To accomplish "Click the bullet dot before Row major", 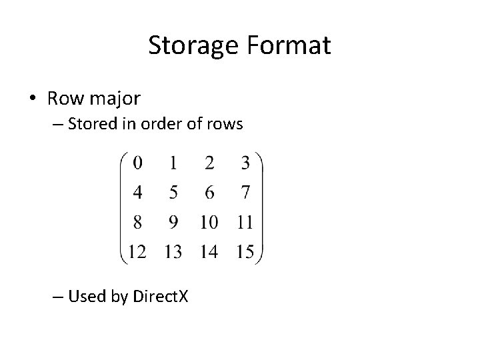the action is tap(33, 99).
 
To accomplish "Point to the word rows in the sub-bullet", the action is tap(225, 124).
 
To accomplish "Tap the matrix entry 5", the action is tap(173, 193).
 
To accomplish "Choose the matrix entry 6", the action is tap(209, 193).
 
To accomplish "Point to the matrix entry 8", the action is tap(137, 221).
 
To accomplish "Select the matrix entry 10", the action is tap(209, 221).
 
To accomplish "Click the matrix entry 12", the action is tap(137, 251).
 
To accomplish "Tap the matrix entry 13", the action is tap(173, 251).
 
